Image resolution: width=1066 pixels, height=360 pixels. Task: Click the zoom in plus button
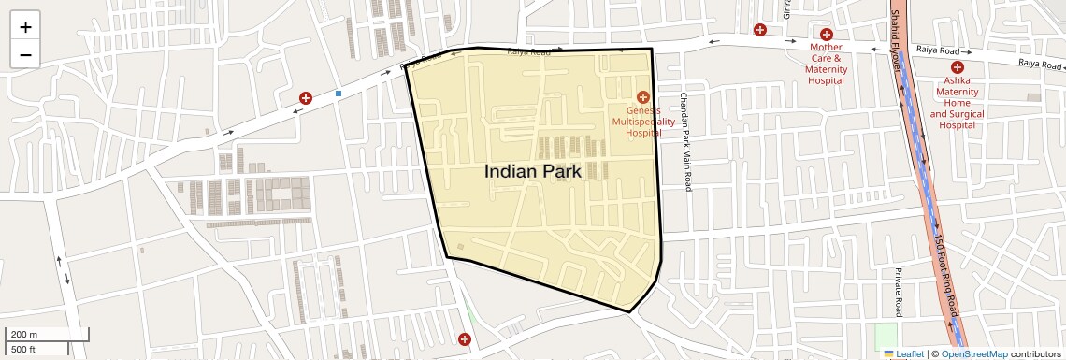tap(25, 27)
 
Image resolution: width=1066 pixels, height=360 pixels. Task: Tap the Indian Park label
tap(533, 172)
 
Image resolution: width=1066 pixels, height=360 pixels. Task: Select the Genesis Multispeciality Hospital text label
tap(642, 122)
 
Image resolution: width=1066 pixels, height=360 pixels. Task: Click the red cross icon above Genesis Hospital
tap(643, 97)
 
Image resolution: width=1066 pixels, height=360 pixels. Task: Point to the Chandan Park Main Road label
tap(685, 142)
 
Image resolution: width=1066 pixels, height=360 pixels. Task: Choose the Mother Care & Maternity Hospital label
tap(826, 64)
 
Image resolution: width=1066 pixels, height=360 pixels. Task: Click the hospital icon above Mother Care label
tap(827, 35)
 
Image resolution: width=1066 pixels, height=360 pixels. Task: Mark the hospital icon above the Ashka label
tap(958, 67)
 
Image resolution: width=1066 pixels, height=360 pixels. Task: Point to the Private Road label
tap(898, 291)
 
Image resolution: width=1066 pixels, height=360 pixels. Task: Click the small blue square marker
tap(339, 94)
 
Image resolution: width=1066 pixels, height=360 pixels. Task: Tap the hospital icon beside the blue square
tap(306, 98)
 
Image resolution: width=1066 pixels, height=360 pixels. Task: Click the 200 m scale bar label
tap(24, 335)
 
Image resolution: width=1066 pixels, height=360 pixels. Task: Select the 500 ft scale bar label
tap(24, 350)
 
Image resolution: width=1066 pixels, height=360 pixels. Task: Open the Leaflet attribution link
tap(904, 354)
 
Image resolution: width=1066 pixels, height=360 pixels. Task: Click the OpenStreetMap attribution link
tap(974, 354)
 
